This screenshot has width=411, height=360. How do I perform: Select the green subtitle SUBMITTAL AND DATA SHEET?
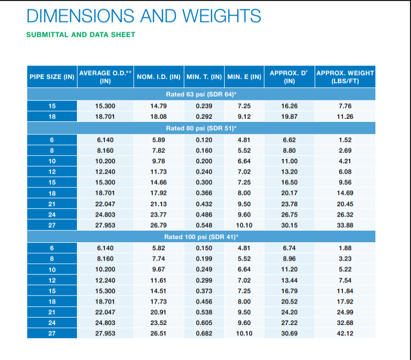(81, 35)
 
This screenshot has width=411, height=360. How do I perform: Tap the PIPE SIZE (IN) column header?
(52, 77)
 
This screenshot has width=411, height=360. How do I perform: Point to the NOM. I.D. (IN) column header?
(158, 77)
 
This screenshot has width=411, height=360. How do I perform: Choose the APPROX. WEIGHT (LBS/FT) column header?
(345, 77)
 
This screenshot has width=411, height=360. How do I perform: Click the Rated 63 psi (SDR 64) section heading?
(202, 94)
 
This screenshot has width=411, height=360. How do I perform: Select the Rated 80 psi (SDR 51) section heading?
(202, 128)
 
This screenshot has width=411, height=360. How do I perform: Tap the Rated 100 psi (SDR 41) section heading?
(202, 237)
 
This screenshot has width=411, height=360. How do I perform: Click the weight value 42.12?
(345, 333)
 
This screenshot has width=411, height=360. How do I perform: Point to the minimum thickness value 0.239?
(204, 106)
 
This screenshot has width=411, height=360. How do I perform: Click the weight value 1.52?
(345, 140)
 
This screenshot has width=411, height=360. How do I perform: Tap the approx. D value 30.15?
(290, 226)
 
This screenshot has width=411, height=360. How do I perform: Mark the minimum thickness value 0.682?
(204, 333)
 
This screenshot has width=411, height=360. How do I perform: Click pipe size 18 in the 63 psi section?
(52, 117)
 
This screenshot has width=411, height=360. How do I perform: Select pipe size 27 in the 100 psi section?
(52, 333)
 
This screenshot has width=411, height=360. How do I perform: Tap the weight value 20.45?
(345, 204)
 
